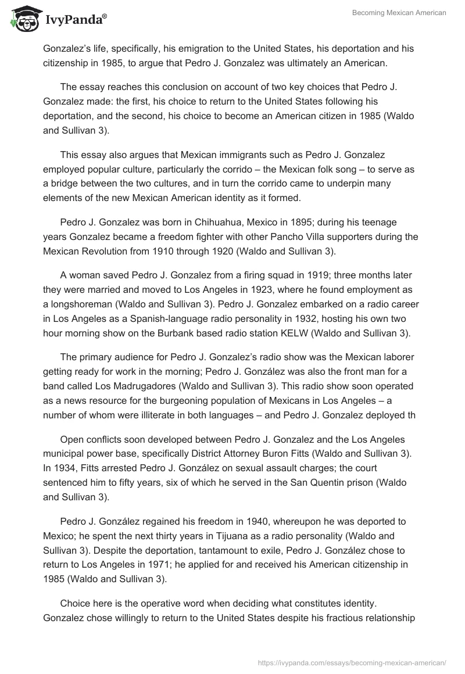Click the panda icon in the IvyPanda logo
click(23, 18)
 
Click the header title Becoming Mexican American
click(399, 13)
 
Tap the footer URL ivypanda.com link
click(352, 662)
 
